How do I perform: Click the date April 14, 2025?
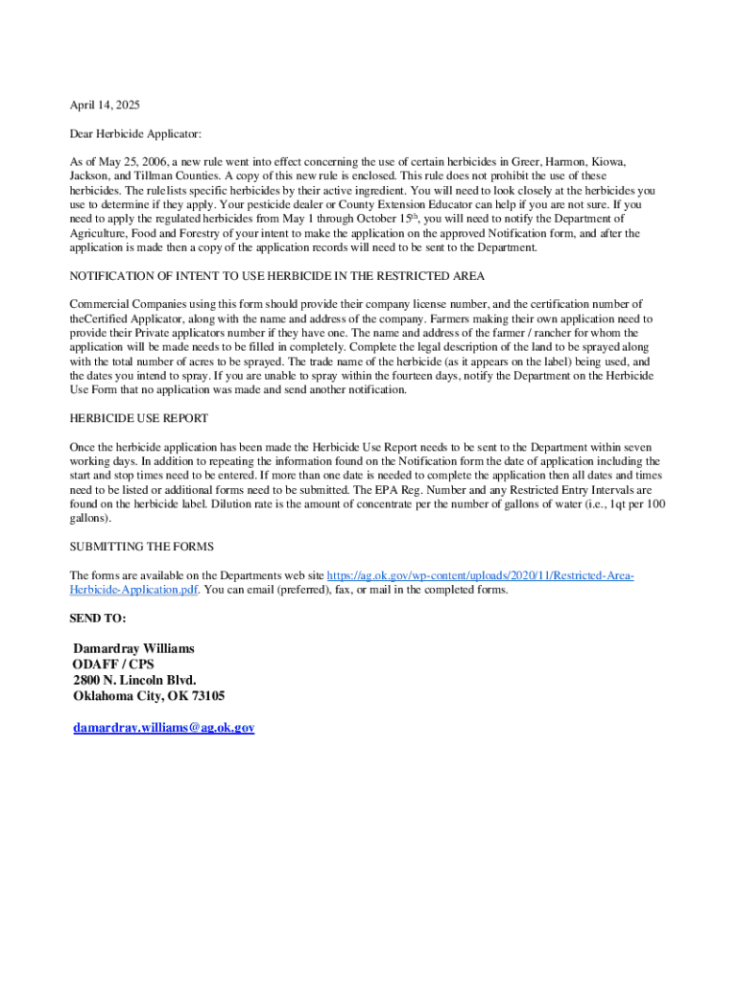(106, 105)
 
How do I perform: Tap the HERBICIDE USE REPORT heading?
(139, 418)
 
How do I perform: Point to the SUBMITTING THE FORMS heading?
(135, 547)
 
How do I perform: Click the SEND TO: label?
(98, 619)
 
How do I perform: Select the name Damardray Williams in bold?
(133, 649)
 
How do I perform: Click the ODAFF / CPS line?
(113, 665)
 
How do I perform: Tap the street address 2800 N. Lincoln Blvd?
(134, 681)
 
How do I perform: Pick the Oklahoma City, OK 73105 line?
(149, 696)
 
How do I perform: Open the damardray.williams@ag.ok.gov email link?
(164, 728)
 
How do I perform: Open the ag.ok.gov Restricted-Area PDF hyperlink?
(480, 575)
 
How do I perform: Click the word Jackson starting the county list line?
(89, 176)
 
